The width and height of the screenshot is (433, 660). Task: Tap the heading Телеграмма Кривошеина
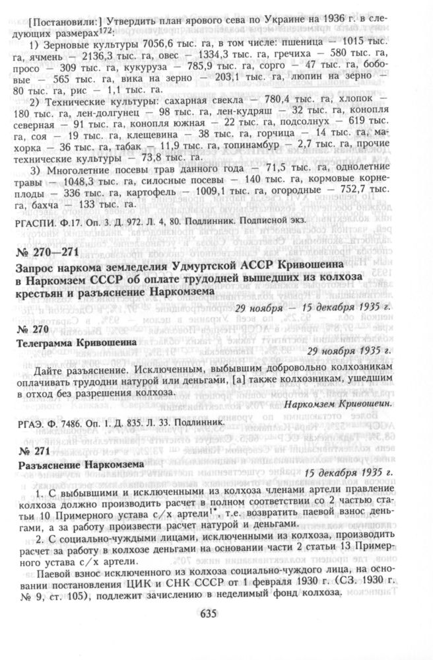77,343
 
